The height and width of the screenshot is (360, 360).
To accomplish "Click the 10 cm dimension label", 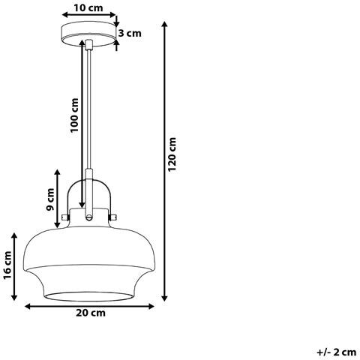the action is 88,8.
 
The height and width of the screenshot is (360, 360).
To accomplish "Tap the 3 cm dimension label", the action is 130,33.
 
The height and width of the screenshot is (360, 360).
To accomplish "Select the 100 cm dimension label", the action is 74,115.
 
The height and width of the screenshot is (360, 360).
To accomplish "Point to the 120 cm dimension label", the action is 172,154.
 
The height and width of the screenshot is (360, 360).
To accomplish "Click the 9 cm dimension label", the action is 51,199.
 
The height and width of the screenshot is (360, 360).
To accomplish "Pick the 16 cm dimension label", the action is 7,265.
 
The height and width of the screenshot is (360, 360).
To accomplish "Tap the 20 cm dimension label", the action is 91,313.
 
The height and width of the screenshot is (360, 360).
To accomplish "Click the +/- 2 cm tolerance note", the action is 337,352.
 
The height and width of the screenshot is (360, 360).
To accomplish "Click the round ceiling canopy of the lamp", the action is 89,34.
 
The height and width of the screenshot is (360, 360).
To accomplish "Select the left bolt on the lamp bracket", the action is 65,217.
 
